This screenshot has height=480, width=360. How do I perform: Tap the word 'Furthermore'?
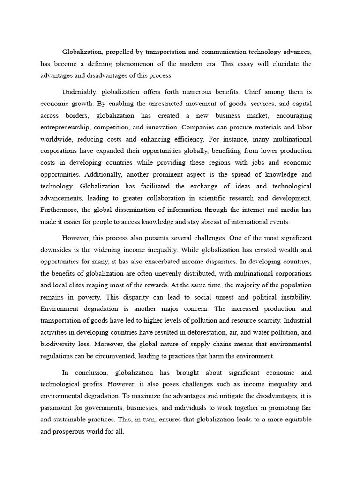click(60, 210)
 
